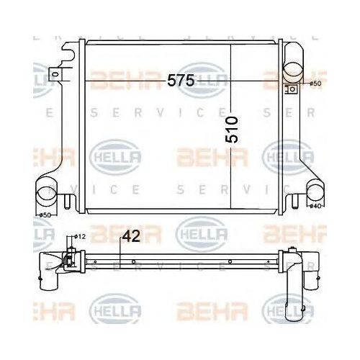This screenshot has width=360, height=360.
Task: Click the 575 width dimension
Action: tap(181, 81)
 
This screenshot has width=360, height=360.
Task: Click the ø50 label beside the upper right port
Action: tap(315, 84)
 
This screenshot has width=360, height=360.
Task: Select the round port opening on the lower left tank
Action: tap(45, 194)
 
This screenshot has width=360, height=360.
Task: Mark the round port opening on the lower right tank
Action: tap(317, 192)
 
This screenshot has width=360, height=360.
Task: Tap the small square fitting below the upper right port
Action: tap(292, 89)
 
